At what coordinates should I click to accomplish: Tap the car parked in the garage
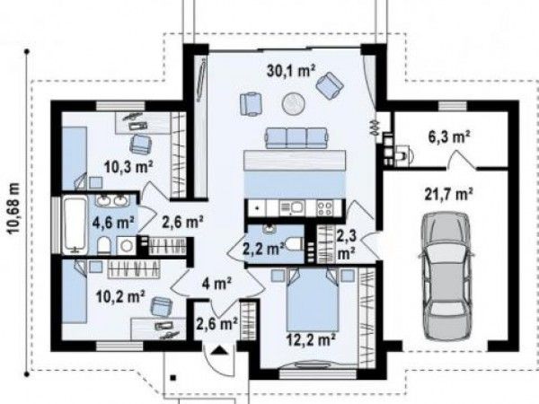[446, 277]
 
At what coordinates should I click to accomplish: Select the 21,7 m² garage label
[449, 195]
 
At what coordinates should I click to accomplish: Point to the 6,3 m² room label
[449, 137]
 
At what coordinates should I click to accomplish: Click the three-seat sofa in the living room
[296, 138]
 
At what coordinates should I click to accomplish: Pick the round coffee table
[293, 103]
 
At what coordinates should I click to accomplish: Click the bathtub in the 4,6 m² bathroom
[75, 224]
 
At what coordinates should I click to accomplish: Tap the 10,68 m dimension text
[13, 208]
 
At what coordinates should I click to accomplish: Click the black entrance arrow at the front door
[219, 350]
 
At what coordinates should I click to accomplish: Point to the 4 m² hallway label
[216, 284]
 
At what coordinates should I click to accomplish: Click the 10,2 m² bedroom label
[120, 296]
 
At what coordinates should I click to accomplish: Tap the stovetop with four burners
[325, 208]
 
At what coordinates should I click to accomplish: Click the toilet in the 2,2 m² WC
[294, 244]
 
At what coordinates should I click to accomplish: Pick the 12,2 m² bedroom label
[311, 340]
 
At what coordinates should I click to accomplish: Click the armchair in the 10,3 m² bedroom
[141, 145]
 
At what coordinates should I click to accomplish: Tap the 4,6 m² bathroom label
[113, 223]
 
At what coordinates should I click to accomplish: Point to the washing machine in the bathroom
[126, 245]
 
